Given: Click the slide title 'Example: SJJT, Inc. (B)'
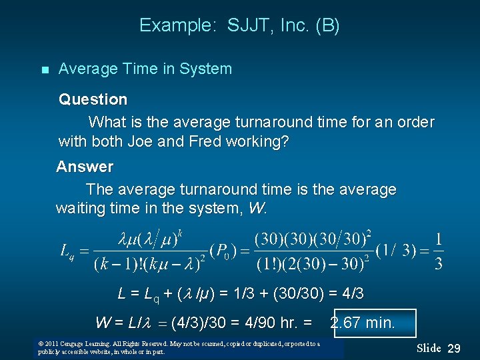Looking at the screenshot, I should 239,26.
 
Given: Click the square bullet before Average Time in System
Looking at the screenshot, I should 44,70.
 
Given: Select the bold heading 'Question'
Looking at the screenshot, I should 93,99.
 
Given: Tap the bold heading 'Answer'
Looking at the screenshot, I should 85,166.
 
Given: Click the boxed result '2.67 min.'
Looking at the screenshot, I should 363,323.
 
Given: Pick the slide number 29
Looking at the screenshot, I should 454,349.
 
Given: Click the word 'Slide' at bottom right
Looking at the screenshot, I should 429,348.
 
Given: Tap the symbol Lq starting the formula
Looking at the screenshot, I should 67,251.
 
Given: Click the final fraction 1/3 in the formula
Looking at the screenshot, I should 438,251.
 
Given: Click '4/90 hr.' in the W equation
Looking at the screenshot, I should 279,323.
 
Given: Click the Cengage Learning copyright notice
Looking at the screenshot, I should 179,347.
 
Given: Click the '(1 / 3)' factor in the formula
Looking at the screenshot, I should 397,251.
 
